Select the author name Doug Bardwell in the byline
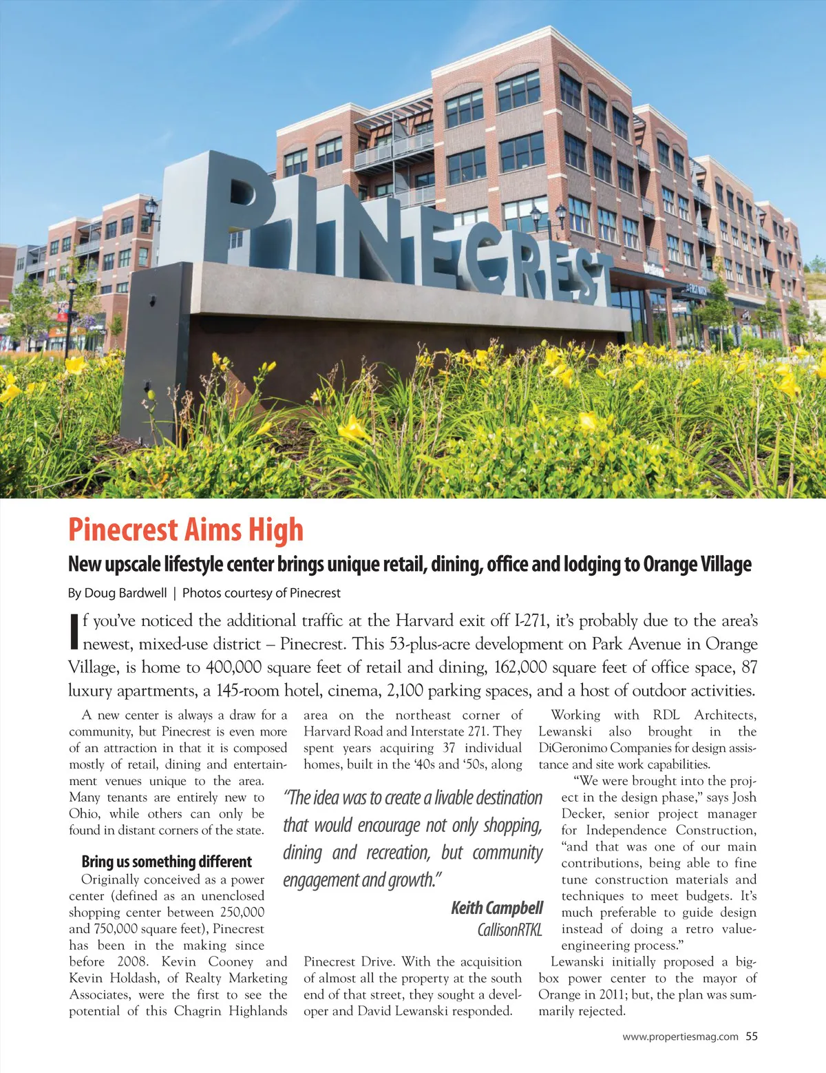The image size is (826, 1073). click(x=126, y=593)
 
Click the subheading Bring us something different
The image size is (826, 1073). click(x=167, y=862)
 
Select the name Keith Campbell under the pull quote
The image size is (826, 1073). click(x=497, y=908)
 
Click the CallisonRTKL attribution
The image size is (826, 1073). click(x=509, y=930)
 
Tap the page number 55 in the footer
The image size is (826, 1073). click(x=751, y=1036)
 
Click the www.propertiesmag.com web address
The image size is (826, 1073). click(x=680, y=1036)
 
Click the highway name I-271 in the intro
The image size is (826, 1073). click(x=531, y=621)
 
